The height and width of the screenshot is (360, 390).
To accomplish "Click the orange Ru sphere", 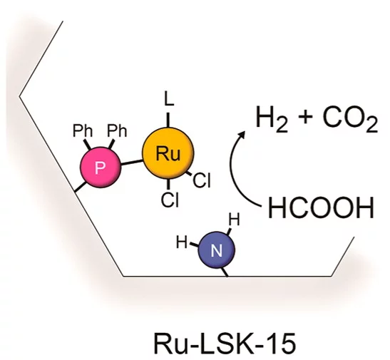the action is click(168, 153).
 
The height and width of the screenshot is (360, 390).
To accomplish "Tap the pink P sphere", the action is click(101, 167).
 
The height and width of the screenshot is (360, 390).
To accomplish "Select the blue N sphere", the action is click(216, 250).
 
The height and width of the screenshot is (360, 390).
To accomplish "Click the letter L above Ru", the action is click(169, 99).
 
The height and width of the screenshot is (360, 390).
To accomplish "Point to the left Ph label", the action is click(83, 130).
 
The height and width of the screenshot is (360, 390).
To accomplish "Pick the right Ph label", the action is click(117, 130).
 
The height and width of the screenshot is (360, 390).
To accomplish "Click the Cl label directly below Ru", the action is click(170, 200).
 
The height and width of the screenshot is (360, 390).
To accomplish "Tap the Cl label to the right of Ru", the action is click(202, 180).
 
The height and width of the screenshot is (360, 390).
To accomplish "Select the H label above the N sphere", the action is click(234, 220).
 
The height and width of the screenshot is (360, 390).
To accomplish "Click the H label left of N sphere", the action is click(182, 242).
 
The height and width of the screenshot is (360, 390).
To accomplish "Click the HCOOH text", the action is click(321, 207).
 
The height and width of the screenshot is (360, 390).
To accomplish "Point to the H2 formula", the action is click(272, 118).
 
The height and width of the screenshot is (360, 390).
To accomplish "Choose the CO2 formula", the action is click(350, 118).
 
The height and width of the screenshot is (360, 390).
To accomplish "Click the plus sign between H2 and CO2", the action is click(305, 117).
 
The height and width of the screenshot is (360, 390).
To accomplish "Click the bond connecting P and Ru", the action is click(132, 163).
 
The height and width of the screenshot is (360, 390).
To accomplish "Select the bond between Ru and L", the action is click(168, 120).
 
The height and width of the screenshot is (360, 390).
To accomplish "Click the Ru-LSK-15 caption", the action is click(225, 344).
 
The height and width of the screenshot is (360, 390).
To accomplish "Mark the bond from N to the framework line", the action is click(225, 272).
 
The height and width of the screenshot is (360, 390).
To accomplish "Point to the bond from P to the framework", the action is click(81, 187).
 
